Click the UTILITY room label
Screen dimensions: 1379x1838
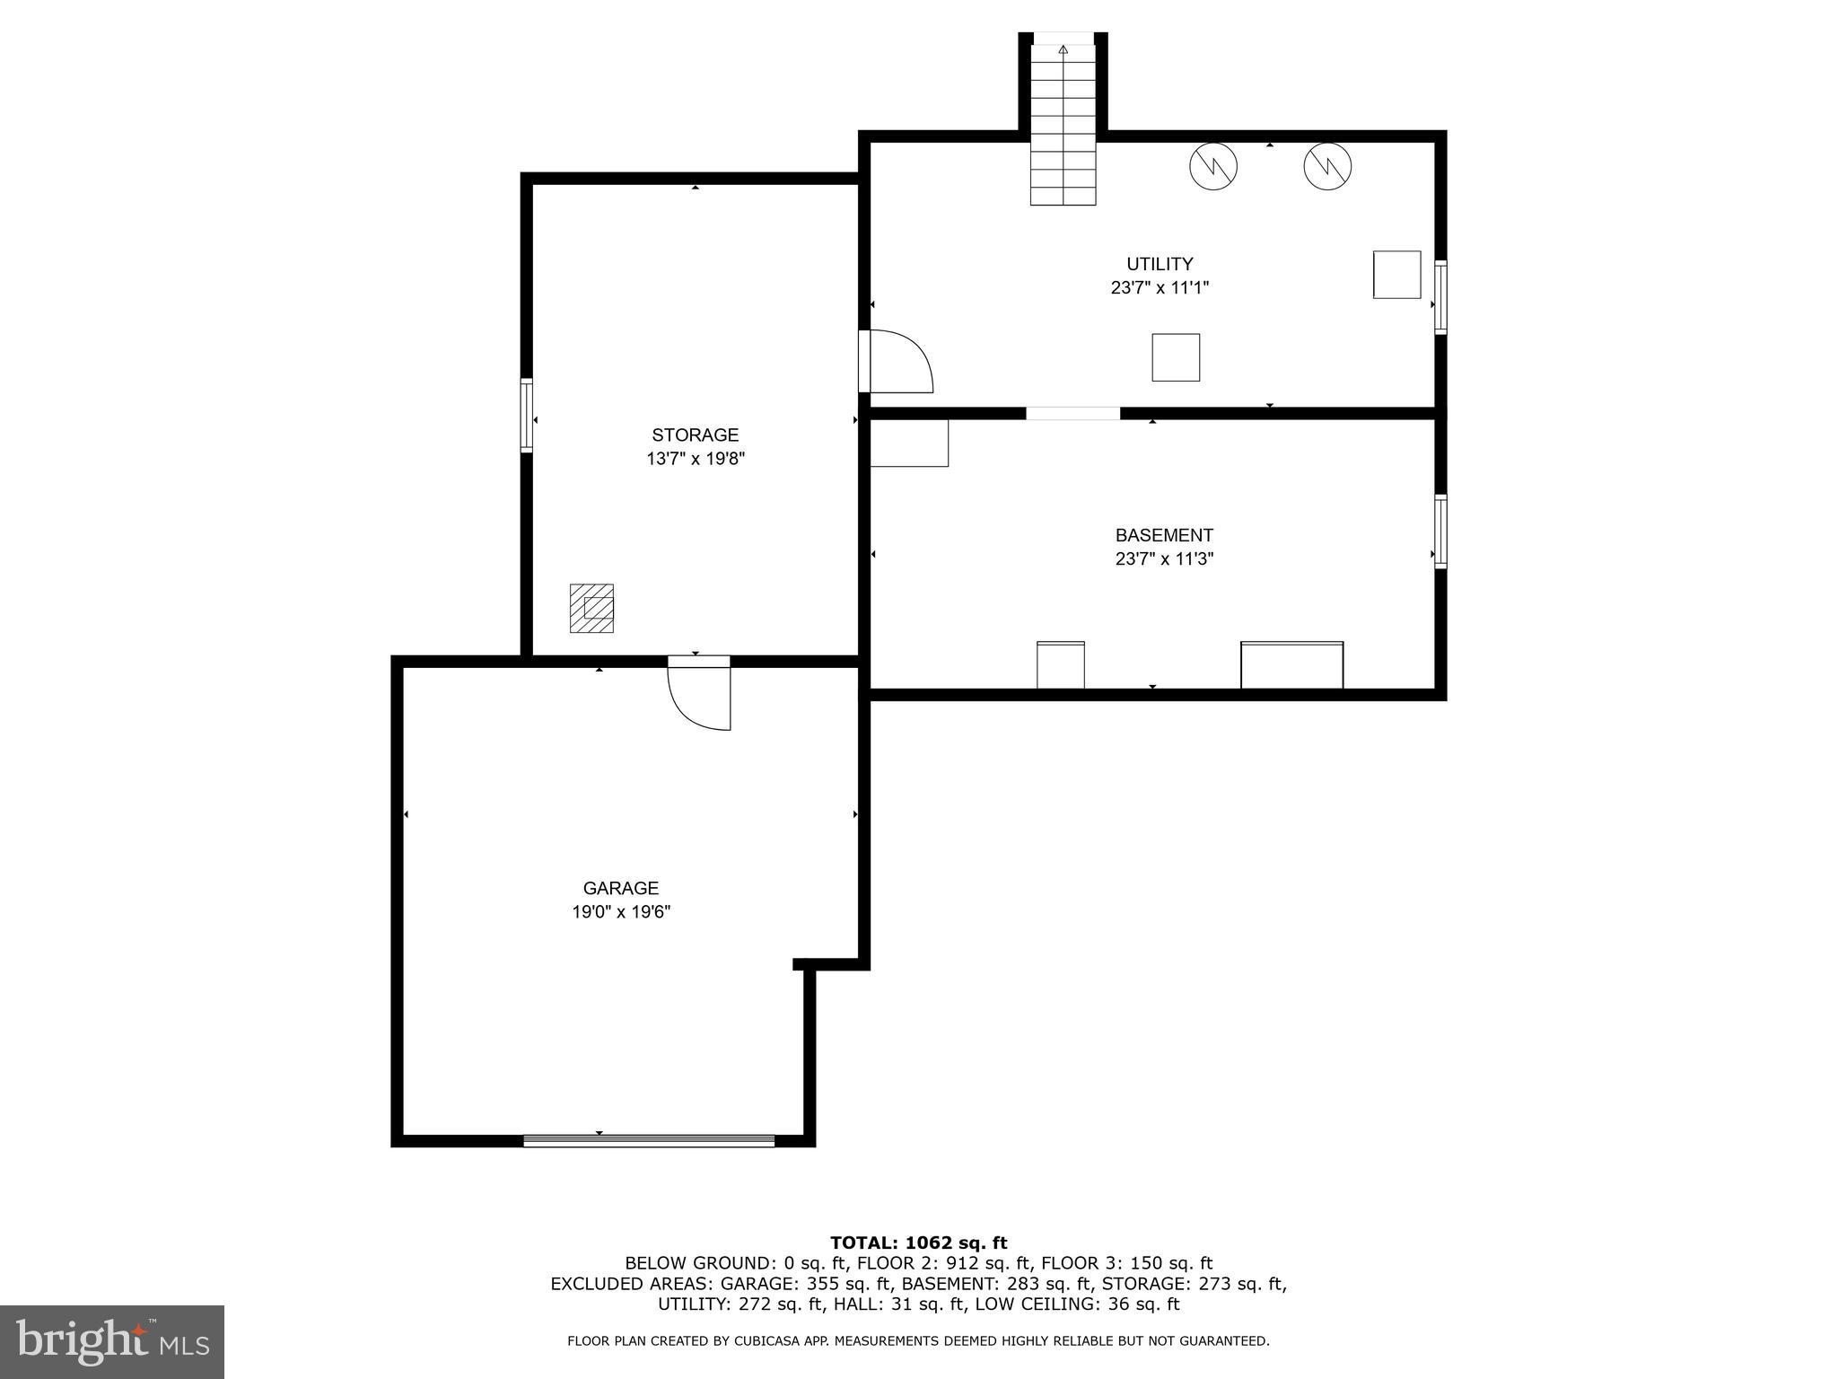(x=1160, y=264)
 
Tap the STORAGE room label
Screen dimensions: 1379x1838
(x=695, y=435)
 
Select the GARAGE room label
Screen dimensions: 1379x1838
(x=621, y=888)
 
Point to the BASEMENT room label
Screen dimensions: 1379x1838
(x=1164, y=535)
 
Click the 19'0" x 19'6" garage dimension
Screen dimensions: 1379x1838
(x=621, y=912)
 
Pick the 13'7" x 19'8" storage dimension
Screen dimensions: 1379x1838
(x=696, y=459)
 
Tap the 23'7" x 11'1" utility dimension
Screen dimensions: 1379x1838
(x=1160, y=288)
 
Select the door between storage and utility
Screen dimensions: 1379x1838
(x=894, y=362)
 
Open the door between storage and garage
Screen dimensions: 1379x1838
(x=700, y=692)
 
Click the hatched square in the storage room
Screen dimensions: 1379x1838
(x=591, y=608)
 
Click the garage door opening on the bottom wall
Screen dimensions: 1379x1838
(x=649, y=1140)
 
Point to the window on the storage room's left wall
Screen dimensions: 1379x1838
(x=527, y=415)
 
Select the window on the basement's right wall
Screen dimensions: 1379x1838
(x=1440, y=531)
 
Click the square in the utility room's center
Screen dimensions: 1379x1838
(x=1176, y=357)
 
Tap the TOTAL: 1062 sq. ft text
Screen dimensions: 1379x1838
(x=918, y=1243)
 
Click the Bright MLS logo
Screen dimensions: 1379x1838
(x=112, y=1341)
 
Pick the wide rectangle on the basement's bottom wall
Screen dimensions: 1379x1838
(x=1291, y=665)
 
